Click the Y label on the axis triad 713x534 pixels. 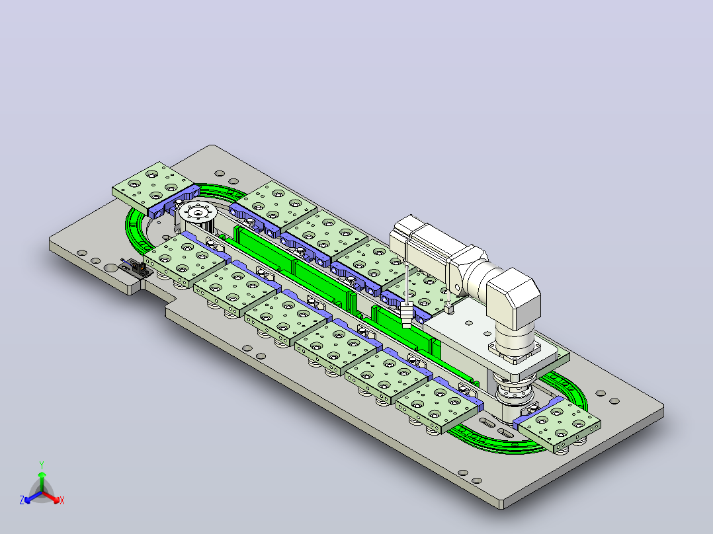(42, 465)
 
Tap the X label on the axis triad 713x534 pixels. (62, 500)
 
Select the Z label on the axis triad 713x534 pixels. (22, 500)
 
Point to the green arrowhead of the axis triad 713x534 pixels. (42, 475)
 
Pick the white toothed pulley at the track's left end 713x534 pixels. (197, 213)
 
